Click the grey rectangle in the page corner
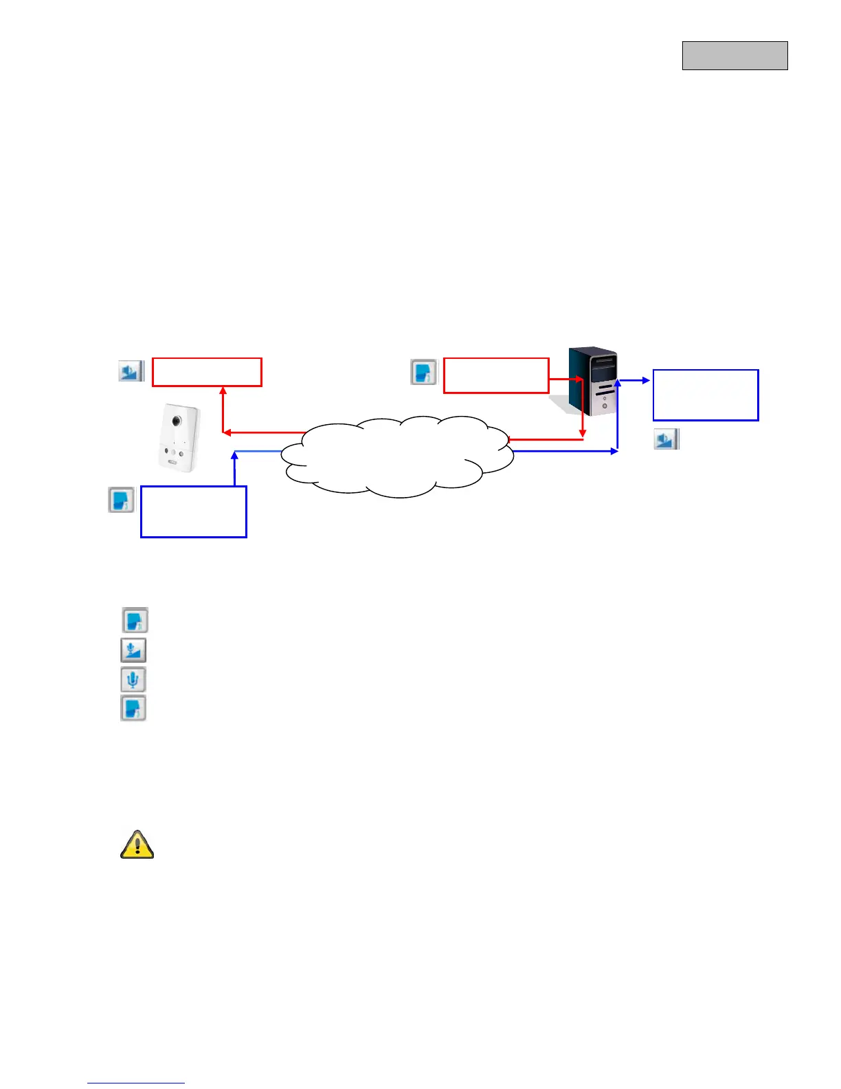tap(735, 56)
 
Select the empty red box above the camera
tap(207, 372)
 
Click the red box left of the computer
tap(496, 375)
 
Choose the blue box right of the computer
tap(706, 395)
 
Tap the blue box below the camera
tap(193, 511)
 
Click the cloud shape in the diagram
tap(399, 456)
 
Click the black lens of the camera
tap(176, 420)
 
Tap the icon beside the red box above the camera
tap(131, 371)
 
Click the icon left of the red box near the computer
tap(423, 372)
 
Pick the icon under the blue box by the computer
tap(665, 439)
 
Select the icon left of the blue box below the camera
tap(122, 500)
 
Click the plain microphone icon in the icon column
tap(133, 680)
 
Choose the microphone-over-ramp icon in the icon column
tap(133, 650)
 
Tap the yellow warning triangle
tap(137, 844)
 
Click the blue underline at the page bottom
tap(136, 1083)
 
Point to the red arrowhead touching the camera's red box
tap(223, 390)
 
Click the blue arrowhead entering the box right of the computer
tap(646, 379)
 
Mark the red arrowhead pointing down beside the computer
tap(583, 433)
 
